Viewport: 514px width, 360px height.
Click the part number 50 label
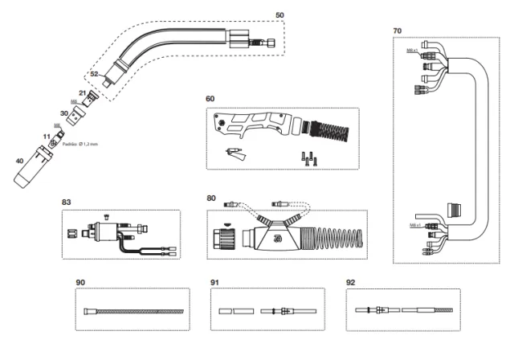click(279, 14)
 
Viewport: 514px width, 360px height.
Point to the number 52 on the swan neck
click(94, 73)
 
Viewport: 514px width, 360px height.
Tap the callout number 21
click(82, 94)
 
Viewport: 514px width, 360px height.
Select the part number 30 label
click(64, 113)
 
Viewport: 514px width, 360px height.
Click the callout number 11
click(46, 137)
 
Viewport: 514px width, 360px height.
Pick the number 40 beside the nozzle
click(19, 161)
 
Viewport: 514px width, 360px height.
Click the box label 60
click(210, 99)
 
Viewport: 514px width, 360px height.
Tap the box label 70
click(398, 31)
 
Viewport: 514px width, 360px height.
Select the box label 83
click(67, 202)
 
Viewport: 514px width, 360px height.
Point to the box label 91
click(214, 282)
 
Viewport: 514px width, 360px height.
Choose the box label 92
click(349, 282)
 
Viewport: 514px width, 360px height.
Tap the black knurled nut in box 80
click(222, 239)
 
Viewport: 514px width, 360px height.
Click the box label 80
click(211, 197)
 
